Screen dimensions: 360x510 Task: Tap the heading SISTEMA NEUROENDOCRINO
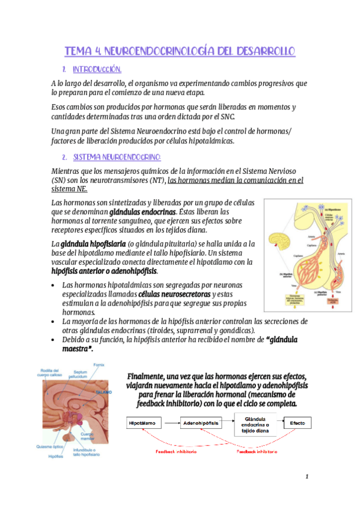[117, 157]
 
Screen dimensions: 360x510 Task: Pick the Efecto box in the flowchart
[297, 423]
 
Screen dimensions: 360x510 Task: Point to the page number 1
[307, 477]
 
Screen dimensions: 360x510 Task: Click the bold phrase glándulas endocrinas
[142, 212]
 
